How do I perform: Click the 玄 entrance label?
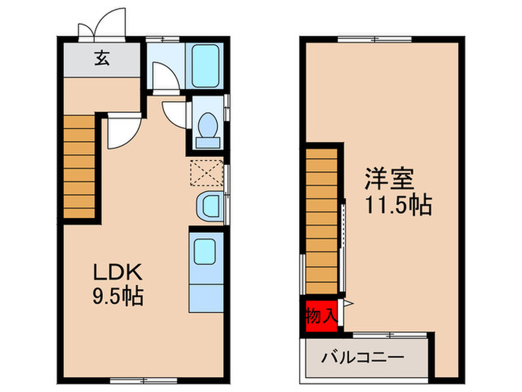click(102, 60)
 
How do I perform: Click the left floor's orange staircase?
click(79, 167)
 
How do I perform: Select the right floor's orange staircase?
click(321, 222)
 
